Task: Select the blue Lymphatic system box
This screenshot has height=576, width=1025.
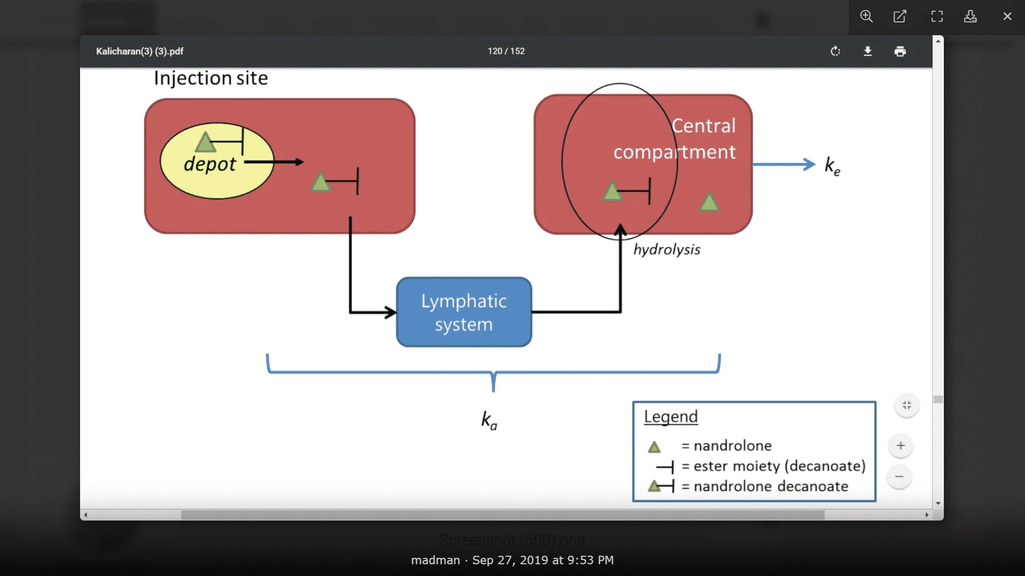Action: point(464,313)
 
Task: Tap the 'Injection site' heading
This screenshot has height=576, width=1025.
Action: point(211,78)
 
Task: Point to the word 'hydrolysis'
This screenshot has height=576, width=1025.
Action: point(667,250)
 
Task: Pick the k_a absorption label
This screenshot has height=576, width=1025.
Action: point(489,420)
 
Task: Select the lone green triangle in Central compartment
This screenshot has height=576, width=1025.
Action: point(709,203)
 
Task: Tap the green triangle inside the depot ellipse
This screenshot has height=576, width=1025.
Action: point(205,142)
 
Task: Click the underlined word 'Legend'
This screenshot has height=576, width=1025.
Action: point(671,417)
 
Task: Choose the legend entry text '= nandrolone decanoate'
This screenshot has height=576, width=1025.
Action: point(765,486)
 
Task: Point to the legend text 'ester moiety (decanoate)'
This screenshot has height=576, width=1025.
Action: point(779,466)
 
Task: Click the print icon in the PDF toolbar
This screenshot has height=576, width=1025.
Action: point(900,51)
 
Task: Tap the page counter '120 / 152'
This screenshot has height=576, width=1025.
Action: point(506,51)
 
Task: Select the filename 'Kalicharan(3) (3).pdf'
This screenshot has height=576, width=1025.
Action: point(140,51)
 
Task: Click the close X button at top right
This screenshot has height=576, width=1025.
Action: point(1007,17)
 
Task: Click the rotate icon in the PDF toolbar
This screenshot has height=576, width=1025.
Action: point(835,51)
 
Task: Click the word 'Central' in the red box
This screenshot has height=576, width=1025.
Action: point(704,126)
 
